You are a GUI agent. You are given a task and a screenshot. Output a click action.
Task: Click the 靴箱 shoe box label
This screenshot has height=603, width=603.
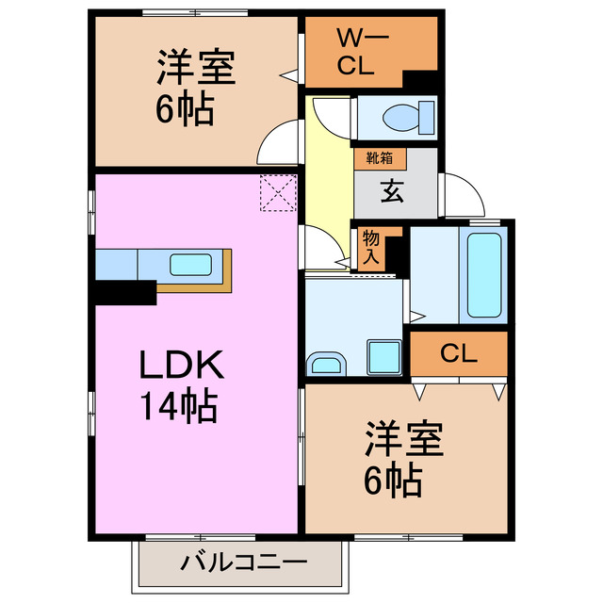367,159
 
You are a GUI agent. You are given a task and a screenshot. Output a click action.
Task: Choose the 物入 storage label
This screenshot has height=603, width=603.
370,248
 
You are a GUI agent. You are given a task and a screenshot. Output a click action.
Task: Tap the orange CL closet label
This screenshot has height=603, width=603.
457,353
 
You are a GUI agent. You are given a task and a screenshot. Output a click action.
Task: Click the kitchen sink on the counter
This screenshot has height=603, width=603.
191,264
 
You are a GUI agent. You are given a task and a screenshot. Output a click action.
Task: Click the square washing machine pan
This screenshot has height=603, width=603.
385,356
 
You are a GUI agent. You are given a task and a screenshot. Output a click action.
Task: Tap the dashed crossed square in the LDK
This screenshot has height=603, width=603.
279,195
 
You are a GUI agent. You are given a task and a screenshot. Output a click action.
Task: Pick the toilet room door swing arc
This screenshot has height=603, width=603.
330,117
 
